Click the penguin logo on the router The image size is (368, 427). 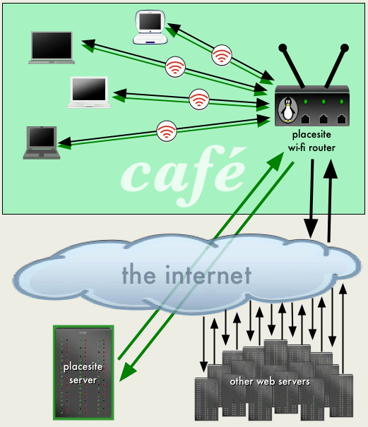point(288,109)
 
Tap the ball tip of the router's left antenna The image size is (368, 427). point(283,48)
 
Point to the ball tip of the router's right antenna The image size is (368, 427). point(345,48)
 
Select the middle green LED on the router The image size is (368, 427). point(324,102)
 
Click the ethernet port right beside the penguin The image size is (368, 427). point(305,119)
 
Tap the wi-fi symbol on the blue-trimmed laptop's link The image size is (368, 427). point(221,55)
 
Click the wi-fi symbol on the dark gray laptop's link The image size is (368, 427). point(167,131)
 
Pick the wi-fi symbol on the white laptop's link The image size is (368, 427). point(199,100)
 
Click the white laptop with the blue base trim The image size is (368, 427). point(150,27)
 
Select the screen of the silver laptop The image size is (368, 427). point(52,45)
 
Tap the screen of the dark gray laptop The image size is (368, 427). point(42,137)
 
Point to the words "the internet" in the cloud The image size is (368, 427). point(186,275)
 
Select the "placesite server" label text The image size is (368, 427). point(83,373)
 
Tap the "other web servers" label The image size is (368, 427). point(270,382)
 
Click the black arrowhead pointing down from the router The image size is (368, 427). point(311,228)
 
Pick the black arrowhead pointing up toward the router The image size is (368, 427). point(331,169)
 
